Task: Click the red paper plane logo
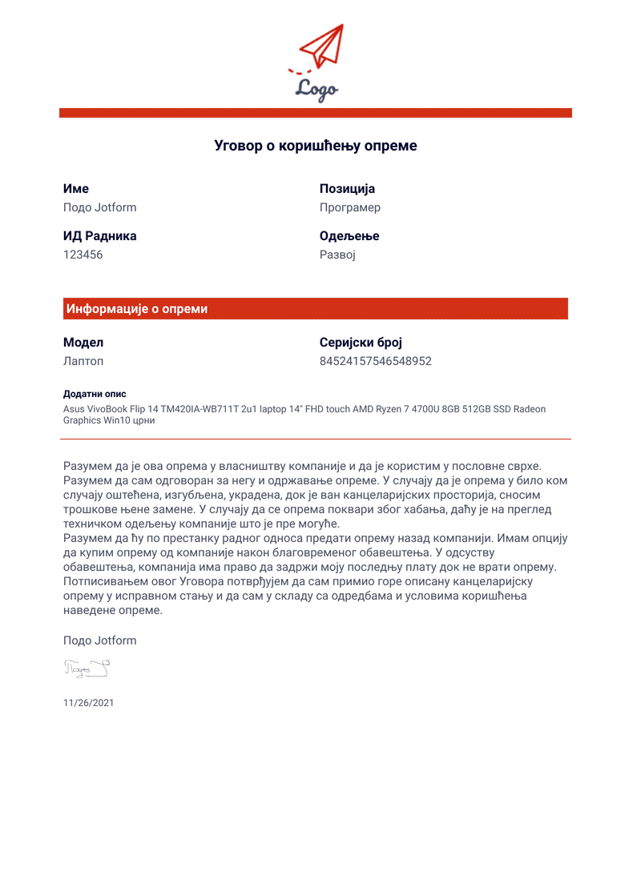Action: (x=324, y=46)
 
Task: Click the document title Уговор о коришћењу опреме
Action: (x=316, y=146)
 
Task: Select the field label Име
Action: (x=76, y=189)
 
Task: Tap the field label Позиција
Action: (x=347, y=189)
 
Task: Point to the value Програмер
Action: (x=349, y=207)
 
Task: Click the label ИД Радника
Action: (x=99, y=236)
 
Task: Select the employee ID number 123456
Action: (x=83, y=255)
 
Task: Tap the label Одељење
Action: (x=349, y=236)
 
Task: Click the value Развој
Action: (x=337, y=255)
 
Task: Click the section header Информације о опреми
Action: (x=137, y=309)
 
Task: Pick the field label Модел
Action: (x=83, y=343)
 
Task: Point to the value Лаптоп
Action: (x=83, y=361)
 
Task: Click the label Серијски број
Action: (x=361, y=343)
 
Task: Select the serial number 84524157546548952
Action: (x=375, y=361)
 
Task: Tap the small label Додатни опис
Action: (x=95, y=394)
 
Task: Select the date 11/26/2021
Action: (x=88, y=702)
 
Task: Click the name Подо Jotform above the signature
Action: (x=99, y=640)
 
